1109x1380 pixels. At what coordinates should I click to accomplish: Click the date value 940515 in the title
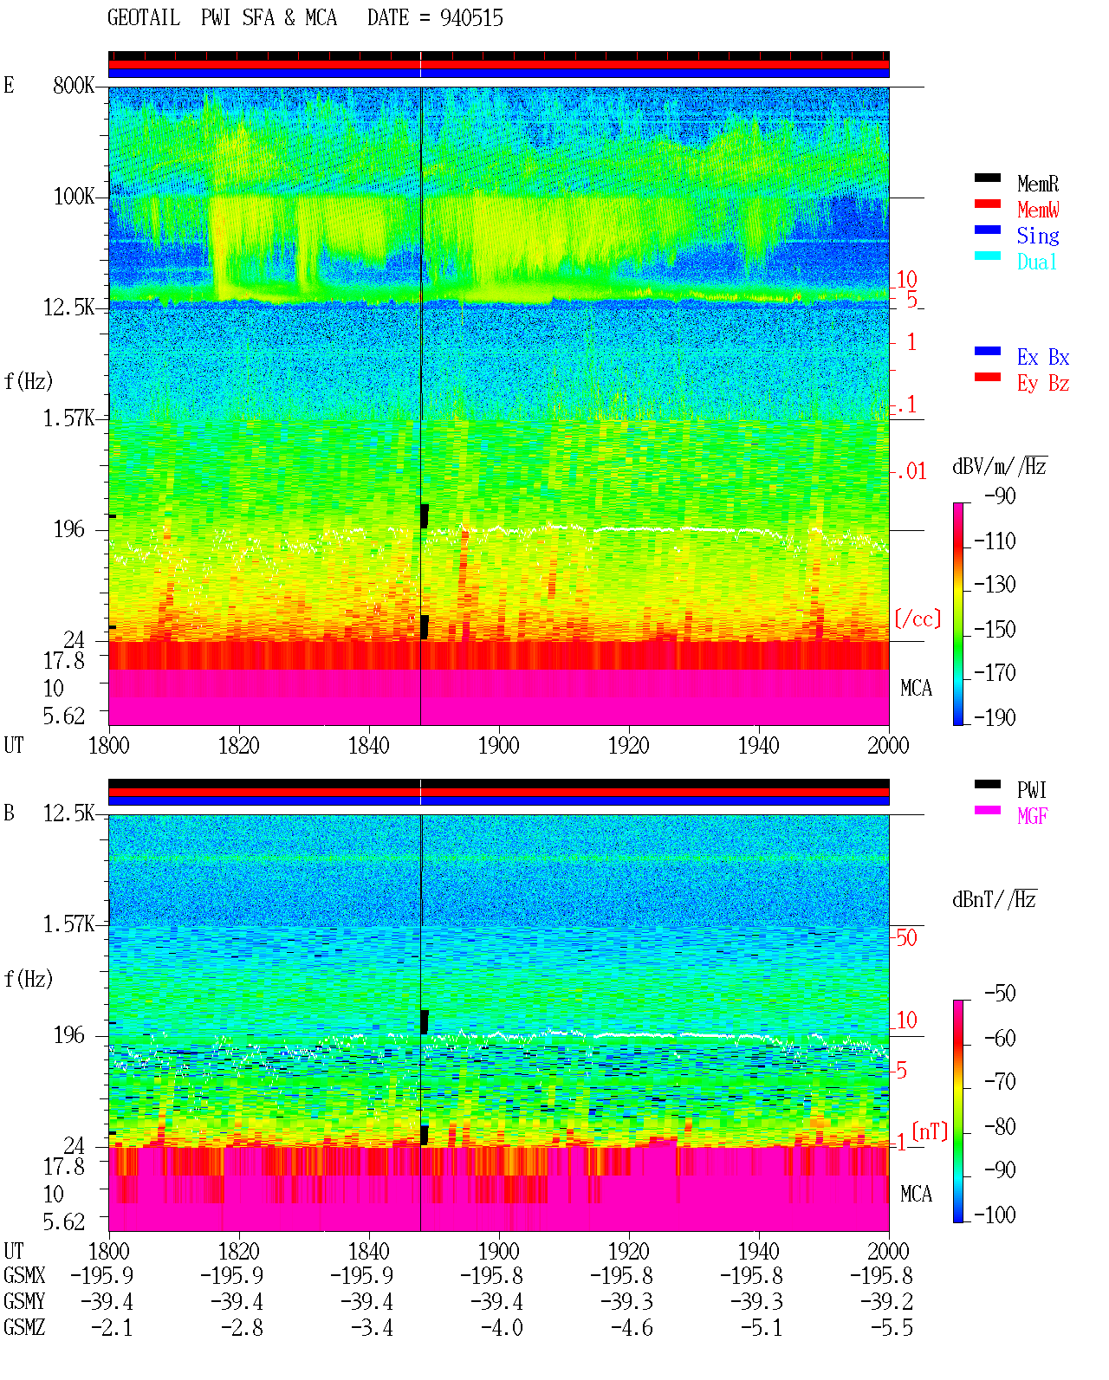point(471,18)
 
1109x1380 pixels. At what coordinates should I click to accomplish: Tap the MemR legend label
point(1038,184)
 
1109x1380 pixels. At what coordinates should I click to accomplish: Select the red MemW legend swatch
point(987,204)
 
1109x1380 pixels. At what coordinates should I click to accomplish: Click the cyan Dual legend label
point(1037,262)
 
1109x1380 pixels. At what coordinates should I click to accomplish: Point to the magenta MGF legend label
point(1032,816)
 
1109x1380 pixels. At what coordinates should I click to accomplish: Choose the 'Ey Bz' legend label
point(1043,383)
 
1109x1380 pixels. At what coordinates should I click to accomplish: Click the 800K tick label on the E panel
point(74,85)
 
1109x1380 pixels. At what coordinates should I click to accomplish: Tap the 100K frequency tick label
point(74,197)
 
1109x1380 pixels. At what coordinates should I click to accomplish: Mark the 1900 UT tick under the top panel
point(498,745)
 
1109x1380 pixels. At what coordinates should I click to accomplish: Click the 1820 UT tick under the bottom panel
point(238,1251)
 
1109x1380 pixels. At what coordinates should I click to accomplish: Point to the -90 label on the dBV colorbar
point(1000,496)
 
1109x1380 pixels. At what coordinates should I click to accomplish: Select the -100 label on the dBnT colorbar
point(995,1215)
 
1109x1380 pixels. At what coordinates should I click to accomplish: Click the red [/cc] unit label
point(918,619)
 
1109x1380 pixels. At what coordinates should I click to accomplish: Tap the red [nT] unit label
point(930,1131)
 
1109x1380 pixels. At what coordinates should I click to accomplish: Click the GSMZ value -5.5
point(892,1328)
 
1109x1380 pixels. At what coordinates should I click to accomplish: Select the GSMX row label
point(24,1275)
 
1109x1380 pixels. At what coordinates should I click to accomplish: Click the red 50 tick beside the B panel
point(906,937)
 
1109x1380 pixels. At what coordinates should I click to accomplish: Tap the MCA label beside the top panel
point(916,688)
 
